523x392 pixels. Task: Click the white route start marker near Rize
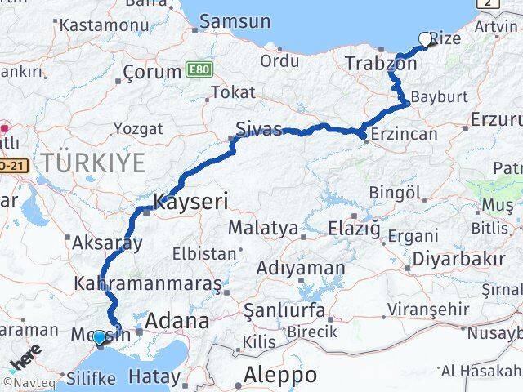pyautogui.click(x=425, y=38)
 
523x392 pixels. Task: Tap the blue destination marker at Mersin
pyautogui.click(x=99, y=336)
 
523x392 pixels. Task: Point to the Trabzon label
pyautogui.click(x=381, y=64)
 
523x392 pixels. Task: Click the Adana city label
pyautogui.click(x=177, y=321)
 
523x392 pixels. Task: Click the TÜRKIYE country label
pyautogui.click(x=94, y=163)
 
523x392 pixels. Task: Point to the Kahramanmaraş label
pyautogui.click(x=148, y=284)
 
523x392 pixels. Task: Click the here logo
pyautogui.click(x=26, y=359)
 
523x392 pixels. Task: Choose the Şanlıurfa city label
pyautogui.click(x=285, y=310)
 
